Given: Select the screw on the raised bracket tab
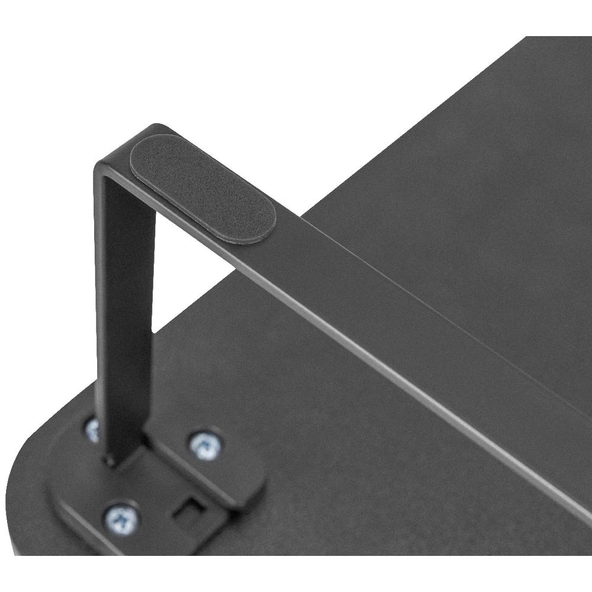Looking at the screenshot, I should tap(206, 444).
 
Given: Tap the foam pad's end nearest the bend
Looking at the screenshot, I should tap(142, 157).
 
